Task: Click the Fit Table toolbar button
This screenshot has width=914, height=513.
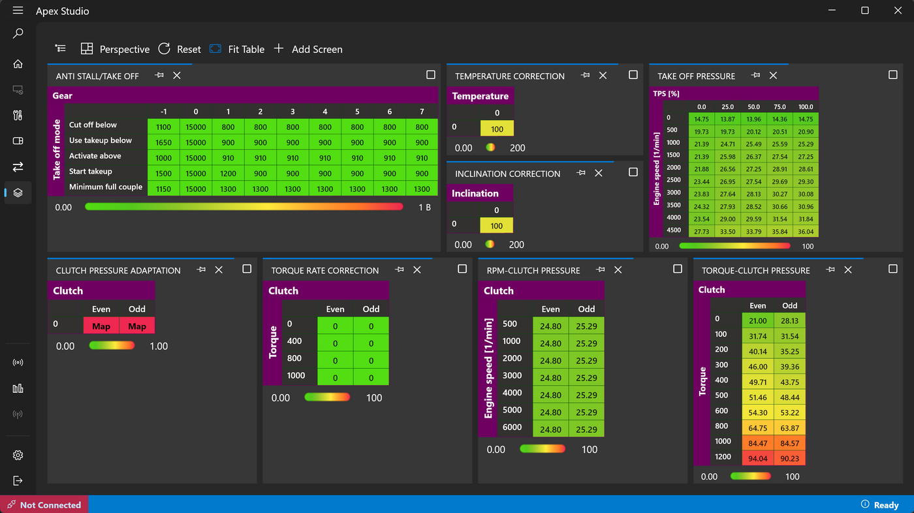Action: pyautogui.click(x=237, y=50)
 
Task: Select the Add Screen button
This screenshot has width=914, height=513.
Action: pyautogui.click(x=308, y=50)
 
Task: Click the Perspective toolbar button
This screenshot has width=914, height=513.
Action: pyautogui.click(x=115, y=50)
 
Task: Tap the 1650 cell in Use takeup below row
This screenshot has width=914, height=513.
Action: pyautogui.click(x=163, y=142)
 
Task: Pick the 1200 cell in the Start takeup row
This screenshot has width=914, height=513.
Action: pyautogui.click(x=228, y=174)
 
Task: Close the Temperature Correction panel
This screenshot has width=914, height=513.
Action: pyautogui.click(x=603, y=76)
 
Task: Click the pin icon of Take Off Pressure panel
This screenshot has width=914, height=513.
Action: pyautogui.click(x=756, y=76)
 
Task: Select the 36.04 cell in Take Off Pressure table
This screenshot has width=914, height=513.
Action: pyautogui.click(x=806, y=232)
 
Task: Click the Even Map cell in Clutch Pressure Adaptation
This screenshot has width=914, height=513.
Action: pyautogui.click(x=101, y=326)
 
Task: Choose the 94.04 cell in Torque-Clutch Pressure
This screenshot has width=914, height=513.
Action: pyautogui.click(x=758, y=458)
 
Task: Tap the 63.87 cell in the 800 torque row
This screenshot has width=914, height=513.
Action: pyautogui.click(x=789, y=427)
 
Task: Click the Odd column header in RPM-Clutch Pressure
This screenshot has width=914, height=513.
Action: pyautogui.click(x=586, y=309)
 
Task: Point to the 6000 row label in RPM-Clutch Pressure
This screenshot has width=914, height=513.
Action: pyautogui.click(x=512, y=427)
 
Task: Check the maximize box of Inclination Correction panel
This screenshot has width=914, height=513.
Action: pyautogui.click(x=633, y=172)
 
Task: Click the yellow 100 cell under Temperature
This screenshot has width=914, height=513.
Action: pyautogui.click(x=497, y=129)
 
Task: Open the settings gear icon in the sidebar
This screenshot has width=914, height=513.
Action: pyautogui.click(x=18, y=455)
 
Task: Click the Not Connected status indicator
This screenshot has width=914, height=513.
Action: pyautogui.click(x=44, y=505)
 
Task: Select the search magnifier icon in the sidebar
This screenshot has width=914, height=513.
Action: pyautogui.click(x=18, y=33)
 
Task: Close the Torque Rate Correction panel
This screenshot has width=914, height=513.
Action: pyautogui.click(x=417, y=270)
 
